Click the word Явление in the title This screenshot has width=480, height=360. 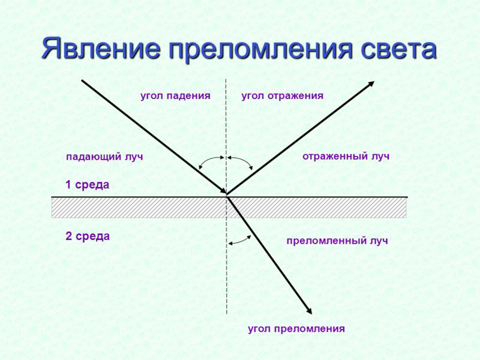(x=100, y=48)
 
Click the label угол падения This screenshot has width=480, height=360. (x=175, y=95)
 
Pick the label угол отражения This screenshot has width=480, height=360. (x=282, y=95)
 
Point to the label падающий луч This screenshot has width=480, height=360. (x=104, y=157)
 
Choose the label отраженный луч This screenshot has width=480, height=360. (x=346, y=156)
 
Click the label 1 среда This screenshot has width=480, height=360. (x=87, y=185)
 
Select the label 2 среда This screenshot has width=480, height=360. (x=87, y=236)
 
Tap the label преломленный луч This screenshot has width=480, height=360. (x=337, y=241)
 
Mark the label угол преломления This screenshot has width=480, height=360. (x=296, y=328)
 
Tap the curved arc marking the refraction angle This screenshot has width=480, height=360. (x=239, y=240)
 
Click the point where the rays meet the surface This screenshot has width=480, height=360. (x=227, y=194)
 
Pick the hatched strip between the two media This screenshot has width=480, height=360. (x=138, y=207)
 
